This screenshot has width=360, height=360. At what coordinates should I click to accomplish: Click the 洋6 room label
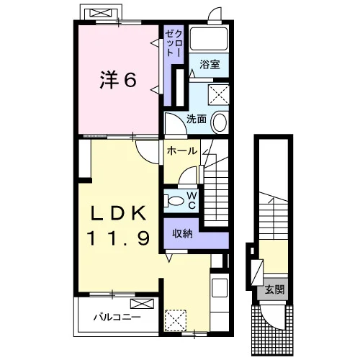(x=118, y=80)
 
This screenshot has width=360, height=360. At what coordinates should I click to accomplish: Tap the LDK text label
(x=118, y=213)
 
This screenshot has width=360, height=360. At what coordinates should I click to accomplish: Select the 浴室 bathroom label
(x=210, y=64)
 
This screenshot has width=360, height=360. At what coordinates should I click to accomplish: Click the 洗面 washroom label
(x=197, y=119)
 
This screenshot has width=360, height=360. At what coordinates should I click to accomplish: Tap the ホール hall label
(x=182, y=151)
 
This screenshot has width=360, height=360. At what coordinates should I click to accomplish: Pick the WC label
(x=192, y=200)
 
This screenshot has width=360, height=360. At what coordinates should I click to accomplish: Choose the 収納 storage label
(x=182, y=233)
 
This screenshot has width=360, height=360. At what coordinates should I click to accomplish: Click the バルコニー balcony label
(x=117, y=318)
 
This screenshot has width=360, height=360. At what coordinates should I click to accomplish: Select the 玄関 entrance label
(x=274, y=289)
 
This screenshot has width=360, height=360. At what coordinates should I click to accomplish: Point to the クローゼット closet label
(x=174, y=43)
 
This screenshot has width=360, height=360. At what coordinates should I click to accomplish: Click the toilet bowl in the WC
(x=174, y=200)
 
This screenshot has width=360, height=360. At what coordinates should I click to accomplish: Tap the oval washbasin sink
(x=220, y=122)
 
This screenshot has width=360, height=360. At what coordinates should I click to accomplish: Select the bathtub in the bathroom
(x=209, y=38)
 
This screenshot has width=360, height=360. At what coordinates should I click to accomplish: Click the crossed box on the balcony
(x=142, y=304)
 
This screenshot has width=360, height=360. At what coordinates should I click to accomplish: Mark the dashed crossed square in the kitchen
(x=176, y=320)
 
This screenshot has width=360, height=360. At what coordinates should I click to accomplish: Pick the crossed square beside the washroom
(x=218, y=94)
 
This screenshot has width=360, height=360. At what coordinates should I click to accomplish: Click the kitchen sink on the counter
(x=220, y=287)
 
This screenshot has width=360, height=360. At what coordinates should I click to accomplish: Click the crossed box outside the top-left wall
(x=102, y=13)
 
